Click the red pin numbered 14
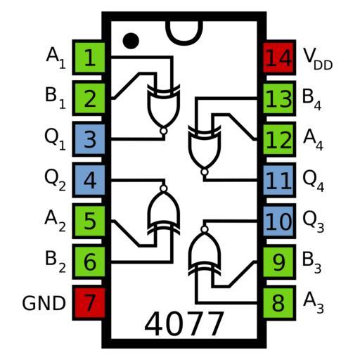click(279, 58)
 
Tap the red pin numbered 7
click(89, 303)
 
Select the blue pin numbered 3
click(89, 139)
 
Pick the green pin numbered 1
click(89, 58)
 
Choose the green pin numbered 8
click(279, 303)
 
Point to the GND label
click(44, 303)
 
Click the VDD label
click(318, 58)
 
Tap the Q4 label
click(313, 181)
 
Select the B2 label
click(56, 262)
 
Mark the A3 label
click(314, 303)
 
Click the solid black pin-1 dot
click(131, 41)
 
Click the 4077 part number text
click(184, 324)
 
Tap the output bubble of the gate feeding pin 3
click(164, 131)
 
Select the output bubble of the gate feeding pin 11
click(205, 172)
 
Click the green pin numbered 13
click(279, 98)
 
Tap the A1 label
click(56, 58)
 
